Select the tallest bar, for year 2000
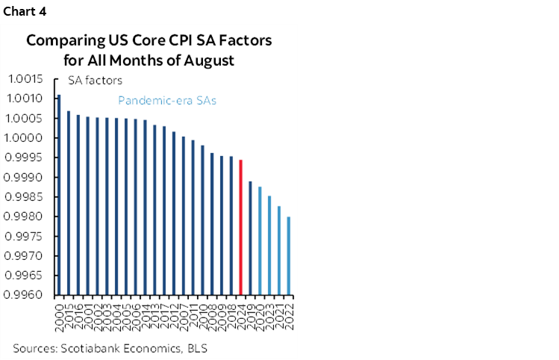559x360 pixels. tap(59, 194)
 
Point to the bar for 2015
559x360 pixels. tap(69, 202)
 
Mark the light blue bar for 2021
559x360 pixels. tap(279, 250)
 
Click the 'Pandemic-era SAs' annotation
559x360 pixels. tap(166, 101)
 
